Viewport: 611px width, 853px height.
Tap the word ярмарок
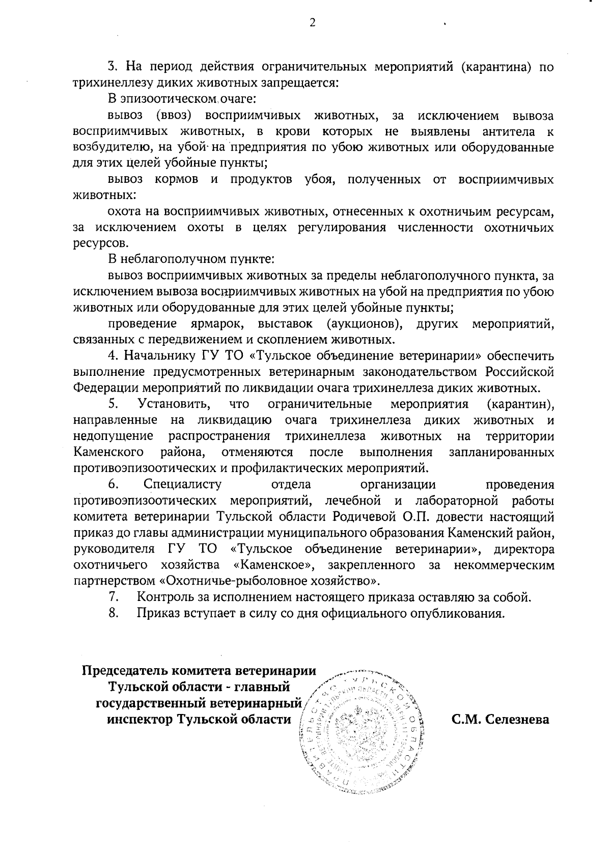217,323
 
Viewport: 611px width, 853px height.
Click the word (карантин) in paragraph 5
519,404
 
